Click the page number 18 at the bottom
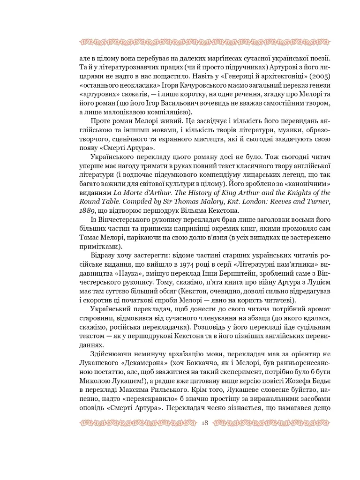pyautogui.click(x=204, y=423)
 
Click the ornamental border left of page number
pyautogui.click(x=136, y=423)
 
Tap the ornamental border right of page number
pyautogui.click(x=272, y=423)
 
